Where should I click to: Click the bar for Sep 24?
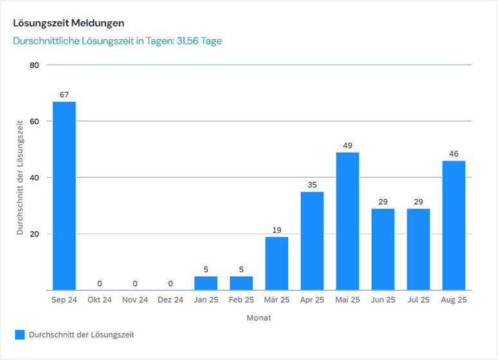pos(64,196)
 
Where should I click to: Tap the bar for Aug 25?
pos(454,225)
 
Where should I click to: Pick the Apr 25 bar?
pos(312,241)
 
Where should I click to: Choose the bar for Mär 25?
pos(277,263)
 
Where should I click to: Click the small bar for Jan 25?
pos(206,283)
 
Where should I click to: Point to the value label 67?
pos(64,95)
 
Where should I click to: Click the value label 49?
pos(347,146)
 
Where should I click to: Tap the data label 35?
pos(312,185)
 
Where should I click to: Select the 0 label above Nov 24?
pos(135,283)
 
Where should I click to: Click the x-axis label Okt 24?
pos(100,300)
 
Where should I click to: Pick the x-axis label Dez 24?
pos(171,300)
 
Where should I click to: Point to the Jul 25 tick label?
pos(418,300)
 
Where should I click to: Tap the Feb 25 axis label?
pos(241,300)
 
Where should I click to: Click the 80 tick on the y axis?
pos(34,65)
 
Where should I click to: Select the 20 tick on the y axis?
pos(34,234)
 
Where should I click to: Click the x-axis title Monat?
pos(259,318)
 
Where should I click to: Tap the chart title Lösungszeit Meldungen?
pos(68,23)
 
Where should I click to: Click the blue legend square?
pos(20,335)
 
